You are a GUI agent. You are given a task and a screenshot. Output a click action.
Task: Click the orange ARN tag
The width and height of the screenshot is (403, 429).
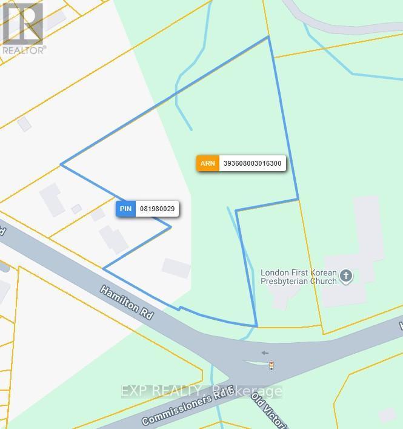point(207,163)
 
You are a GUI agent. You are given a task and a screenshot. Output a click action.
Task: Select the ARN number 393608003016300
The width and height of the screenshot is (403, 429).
point(252,163)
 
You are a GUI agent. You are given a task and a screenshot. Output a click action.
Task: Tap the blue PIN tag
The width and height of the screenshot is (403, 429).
point(125,209)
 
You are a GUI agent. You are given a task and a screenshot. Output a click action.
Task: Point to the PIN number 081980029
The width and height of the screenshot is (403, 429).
point(157,209)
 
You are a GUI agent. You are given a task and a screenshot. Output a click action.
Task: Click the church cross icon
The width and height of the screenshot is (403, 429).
point(346,276)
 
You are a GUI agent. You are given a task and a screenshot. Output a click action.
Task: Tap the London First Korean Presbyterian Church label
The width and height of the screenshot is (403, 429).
point(298,277)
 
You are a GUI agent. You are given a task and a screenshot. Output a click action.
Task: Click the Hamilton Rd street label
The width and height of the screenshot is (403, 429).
point(127,301)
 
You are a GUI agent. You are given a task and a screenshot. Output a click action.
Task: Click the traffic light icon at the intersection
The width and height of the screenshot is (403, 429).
point(271,365)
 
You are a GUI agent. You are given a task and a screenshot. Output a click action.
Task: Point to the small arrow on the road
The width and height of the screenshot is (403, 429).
point(264,353)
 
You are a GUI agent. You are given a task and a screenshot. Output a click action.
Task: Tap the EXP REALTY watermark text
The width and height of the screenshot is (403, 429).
point(201,391)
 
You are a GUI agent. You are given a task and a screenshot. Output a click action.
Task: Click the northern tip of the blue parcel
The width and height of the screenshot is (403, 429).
point(268,36)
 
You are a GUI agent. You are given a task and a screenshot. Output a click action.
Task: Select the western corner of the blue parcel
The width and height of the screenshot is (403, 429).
point(61,164)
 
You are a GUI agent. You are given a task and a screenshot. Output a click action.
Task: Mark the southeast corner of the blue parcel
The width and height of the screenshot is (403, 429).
point(257,326)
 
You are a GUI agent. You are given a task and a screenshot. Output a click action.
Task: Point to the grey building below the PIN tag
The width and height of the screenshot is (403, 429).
point(114,238)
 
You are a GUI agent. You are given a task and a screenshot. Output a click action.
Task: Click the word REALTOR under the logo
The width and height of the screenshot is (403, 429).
point(24,50)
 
